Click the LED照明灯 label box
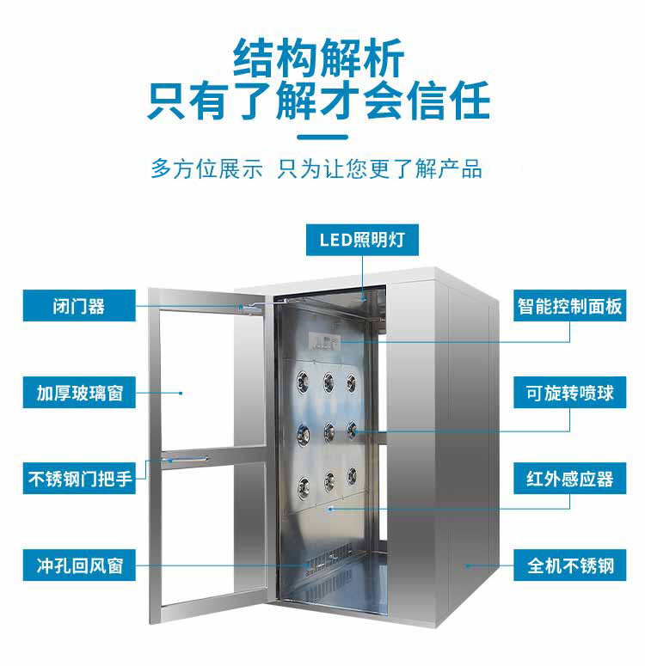(362, 240)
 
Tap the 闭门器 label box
(79, 306)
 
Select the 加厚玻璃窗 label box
(79, 393)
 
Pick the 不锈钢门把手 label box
(79, 479)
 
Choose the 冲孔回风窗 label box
(79, 565)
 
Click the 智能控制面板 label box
(569, 306)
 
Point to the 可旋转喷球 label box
(569, 393)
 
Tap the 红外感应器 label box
(569, 479)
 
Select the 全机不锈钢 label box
(569, 565)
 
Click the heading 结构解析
(318, 58)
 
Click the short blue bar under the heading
(322, 137)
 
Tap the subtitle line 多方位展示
(207, 168)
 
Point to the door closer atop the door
(251, 308)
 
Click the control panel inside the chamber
(324, 339)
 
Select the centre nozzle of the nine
(329, 432)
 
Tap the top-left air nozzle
(303, 380)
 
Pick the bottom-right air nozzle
(352, 476)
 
